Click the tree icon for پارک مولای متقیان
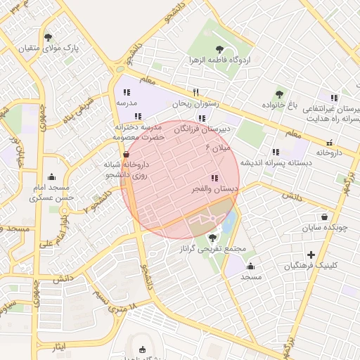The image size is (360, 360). pyautogui.click(x=48, y=38)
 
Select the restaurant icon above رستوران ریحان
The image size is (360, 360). pyautogui.click(x=196, y=92)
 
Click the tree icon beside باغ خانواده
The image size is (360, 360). pyautogui.click(x=280, y=94)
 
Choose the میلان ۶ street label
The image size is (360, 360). pyautogui.click(x=217, y=148)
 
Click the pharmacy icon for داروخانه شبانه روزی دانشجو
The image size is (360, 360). pyautogui.click(x=126, y=154)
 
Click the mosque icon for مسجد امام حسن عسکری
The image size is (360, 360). pyautogui.click(x=51, y=177)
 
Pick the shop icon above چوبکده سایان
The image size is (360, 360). pyautogui.click(x=324, y=217)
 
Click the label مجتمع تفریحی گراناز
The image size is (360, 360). pyautogui.click(x=212, y=249)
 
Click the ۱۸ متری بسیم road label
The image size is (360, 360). pyautogui.click(x=117, y=303)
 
